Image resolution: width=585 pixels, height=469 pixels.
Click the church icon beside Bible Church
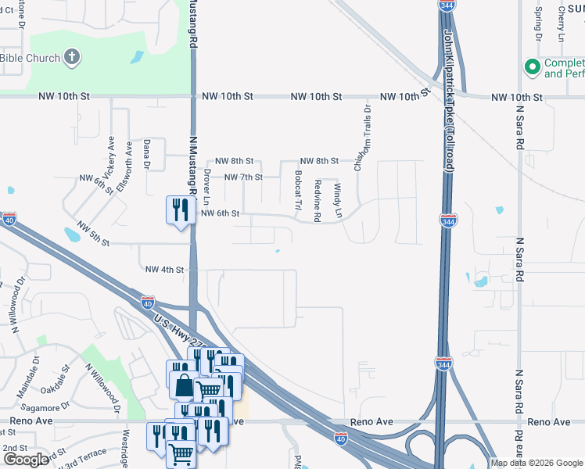(71, 57)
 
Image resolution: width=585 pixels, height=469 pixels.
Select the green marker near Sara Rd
(533, 67)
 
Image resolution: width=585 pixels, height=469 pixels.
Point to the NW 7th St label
(243, 177)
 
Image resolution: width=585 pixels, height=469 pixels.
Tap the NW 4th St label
(164, 270)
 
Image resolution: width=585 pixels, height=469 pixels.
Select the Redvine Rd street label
(318, 199)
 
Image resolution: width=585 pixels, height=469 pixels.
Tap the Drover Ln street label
(207, 186)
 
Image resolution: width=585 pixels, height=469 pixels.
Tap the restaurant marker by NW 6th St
(180, 209)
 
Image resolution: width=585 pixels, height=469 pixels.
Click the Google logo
(26, 460)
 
